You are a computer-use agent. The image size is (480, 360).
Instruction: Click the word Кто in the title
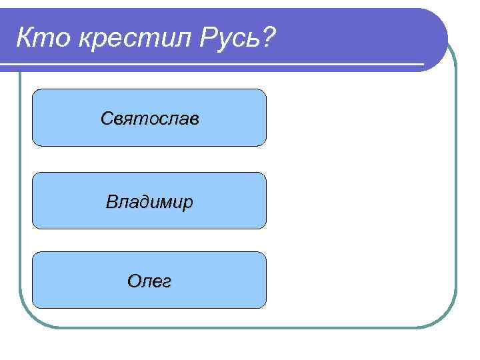(x=43, y=39)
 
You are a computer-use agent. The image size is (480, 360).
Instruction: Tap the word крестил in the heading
(x=133, y=39)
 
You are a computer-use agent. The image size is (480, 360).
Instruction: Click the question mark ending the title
(x=267, y=38)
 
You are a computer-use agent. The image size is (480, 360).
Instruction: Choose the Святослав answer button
(x=149, y=117)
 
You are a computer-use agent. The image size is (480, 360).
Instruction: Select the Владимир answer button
(x=149, y=201)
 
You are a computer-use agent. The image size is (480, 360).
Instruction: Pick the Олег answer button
(x=149, y=280)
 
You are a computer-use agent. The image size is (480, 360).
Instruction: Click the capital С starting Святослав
(x=107, y=119)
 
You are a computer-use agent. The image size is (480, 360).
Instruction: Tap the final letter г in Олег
(x=166, y=282)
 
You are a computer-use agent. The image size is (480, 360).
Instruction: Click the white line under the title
(x=213, y=65)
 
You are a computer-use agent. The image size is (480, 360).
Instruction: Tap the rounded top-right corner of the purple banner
(x=437, y=20)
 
